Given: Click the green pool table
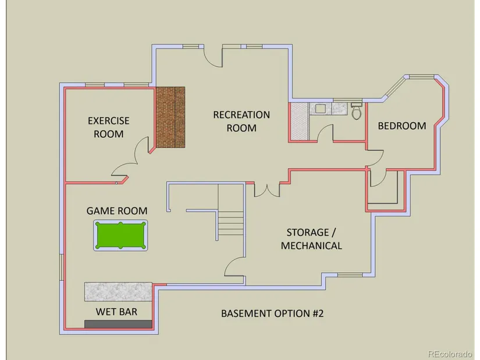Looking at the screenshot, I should [120, 235].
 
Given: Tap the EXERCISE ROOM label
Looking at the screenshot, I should [108, 127].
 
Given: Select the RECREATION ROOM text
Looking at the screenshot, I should [241, 121].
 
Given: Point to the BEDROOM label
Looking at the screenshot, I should [402, 126].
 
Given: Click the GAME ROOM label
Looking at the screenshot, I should [117, 211].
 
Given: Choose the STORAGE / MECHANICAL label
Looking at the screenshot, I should [311, 239].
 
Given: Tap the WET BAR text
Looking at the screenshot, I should [116, 312].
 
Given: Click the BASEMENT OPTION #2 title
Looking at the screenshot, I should [272, 313].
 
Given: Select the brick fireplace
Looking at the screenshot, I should [170, 117].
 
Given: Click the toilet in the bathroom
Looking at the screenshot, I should [356, 111].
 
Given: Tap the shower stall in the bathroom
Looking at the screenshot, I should [299, 122].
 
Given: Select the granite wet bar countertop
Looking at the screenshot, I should [118, 291].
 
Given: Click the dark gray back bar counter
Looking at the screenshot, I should [118, 324].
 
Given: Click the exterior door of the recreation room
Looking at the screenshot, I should [214, 56].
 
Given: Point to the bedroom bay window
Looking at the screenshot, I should [421, 76].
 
